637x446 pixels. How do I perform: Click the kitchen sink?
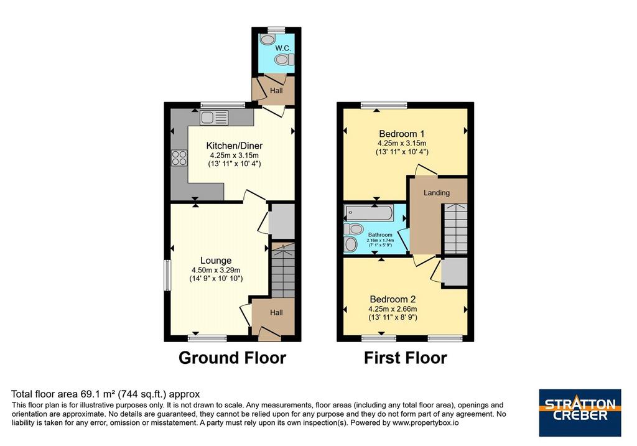pos(214,118)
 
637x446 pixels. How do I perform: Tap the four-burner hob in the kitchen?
pos(179,157)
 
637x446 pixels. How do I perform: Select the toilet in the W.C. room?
pos(284,60)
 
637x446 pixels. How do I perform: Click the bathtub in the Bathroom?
pos(369,213)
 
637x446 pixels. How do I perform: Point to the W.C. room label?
pos(283,48)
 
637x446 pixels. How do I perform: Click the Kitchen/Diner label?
pos(235,146)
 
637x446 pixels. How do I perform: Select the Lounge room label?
pos(216,261)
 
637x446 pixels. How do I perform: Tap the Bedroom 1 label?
pos(402,134)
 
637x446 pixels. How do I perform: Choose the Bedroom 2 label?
pos(393,299)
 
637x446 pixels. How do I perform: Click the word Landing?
pos(437,193)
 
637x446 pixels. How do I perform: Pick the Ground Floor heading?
pos(233,358)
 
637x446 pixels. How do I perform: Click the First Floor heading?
pos(406,358)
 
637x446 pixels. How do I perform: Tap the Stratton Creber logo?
pos(580,412)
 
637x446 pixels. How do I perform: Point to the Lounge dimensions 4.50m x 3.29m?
pos(216,270)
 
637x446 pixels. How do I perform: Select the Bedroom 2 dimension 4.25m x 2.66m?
pos(393,309)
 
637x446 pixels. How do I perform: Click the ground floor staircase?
pos(283,271)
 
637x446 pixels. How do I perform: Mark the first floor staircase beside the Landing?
pos(455,229)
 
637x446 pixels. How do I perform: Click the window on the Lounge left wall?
pos(167,276)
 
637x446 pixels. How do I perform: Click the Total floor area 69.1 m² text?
pos(106,394)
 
